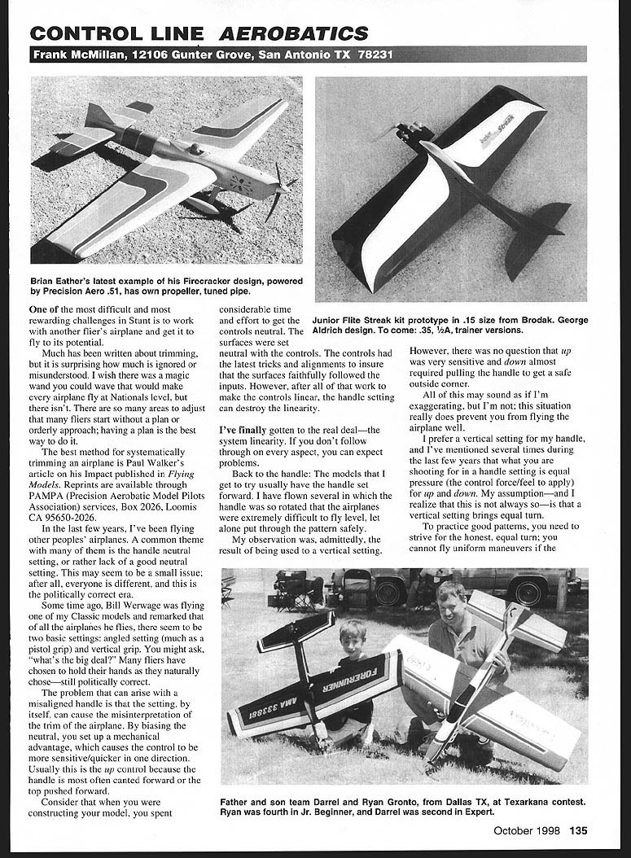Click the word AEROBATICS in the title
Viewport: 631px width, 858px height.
[298, 33]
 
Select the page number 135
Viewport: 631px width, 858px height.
[577, 831]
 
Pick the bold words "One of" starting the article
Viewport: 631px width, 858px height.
[48, 310]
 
